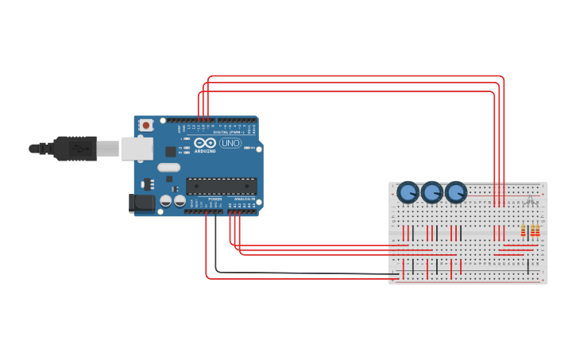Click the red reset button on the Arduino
click(146, 125)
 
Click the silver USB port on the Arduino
click(137, 148)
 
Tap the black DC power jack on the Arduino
click(142, 203)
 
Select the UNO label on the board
click(230, 143)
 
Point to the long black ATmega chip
click(221, 186)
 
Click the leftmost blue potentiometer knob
click(408, 192)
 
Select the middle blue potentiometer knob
click(431, 192)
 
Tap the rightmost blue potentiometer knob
click(455, 192)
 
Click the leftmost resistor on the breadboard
click(523, 231)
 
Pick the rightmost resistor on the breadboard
click(538, 231)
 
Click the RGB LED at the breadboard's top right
click(530, 199)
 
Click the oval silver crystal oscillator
click(169, 168)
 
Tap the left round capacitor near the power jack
click(164, 202)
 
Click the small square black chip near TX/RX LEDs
click(170, 151)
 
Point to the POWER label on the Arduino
click(215, 199)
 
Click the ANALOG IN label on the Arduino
click(243, 199)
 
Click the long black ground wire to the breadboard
click(302, 273)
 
